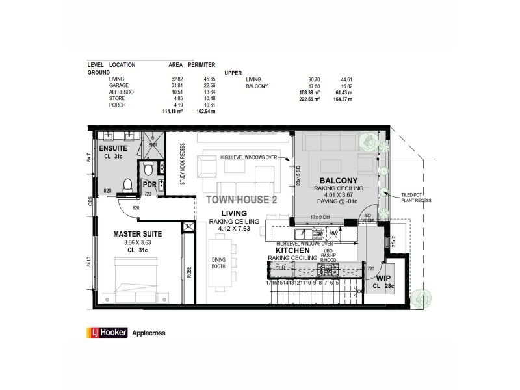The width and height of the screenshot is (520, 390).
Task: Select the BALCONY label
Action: pyautogui.click(x=335, y=179)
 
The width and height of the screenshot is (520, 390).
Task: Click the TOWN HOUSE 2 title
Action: pyautogui.click(x=241, y=200)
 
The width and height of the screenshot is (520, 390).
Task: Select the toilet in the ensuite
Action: pyautogui.click(x=127, y=185)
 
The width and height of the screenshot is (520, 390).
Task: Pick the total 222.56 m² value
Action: pyautogui.click(x=308, y=99)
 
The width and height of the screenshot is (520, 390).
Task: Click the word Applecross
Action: pyautogui.click(x=149, y=333)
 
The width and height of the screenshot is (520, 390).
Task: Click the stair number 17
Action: pyautogui.click(x=268, y=283)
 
